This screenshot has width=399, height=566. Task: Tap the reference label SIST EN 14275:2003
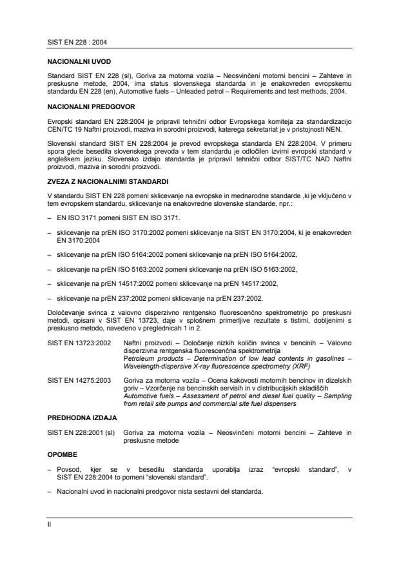(x=73, y=381)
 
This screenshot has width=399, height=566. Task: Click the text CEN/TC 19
(x=63, y=130)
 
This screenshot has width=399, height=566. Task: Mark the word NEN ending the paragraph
(x=330, y=130)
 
